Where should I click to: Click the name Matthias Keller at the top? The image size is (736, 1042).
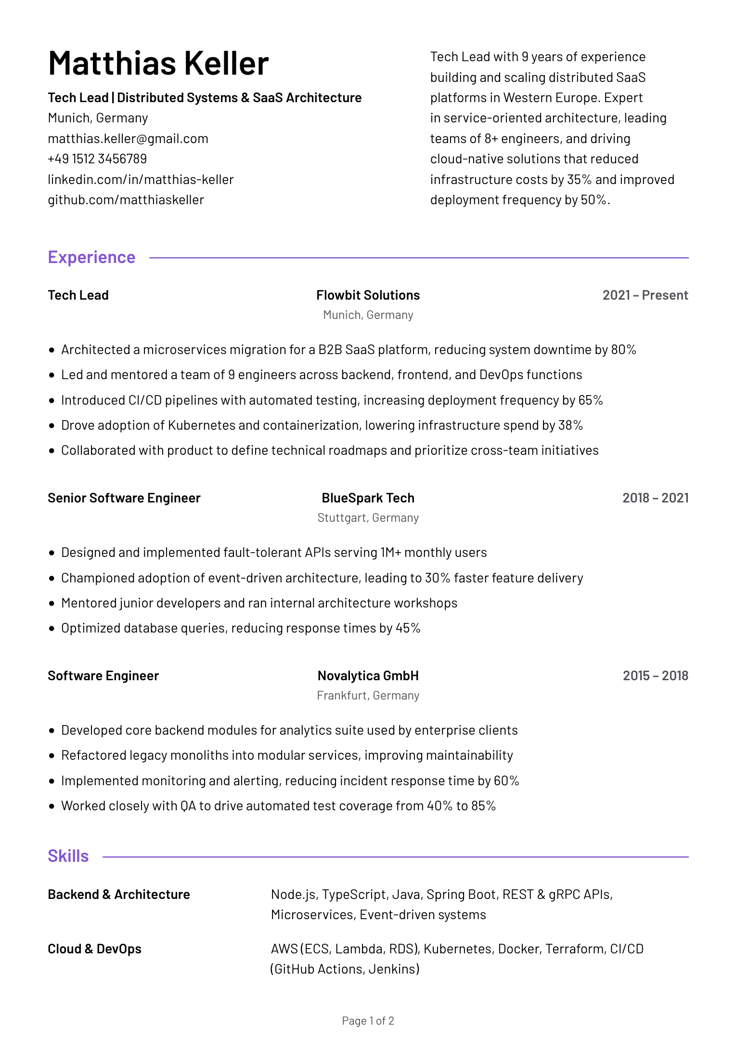pos(158,64)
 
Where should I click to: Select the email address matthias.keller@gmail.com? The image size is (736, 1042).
pos(128,139)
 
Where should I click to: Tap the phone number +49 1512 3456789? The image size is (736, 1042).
pos(97,159)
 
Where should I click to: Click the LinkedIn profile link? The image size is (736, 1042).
pos(141,180)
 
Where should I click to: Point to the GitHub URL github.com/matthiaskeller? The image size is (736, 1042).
pos(126,200)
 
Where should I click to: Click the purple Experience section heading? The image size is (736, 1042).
pos(91,257)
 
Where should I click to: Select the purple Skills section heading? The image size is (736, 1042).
pos(68,856)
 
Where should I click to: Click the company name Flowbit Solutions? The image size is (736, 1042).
pos(368,295)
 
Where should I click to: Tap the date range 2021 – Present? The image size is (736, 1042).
pos(645,295)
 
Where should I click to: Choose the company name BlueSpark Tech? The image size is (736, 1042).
pos(368,498)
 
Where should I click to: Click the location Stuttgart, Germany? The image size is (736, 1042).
pos(368,518)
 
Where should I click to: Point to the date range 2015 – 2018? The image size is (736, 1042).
pos(655,676)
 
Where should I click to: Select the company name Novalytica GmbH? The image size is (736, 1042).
pos(368,676)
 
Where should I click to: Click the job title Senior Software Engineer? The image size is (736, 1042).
pos(124,498)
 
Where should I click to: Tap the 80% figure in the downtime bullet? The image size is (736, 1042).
pos(623,350)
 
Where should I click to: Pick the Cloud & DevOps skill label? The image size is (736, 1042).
pos(94,949)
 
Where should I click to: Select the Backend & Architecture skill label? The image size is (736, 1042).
pos(119,895)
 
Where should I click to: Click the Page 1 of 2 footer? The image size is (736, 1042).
pos(368,1021)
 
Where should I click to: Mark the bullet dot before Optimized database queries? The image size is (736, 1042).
pos(52,629)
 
